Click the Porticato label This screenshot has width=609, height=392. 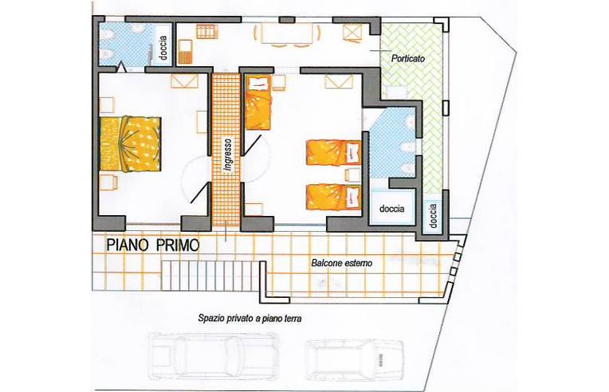(408, 59)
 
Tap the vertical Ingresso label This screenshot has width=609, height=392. (228, 155)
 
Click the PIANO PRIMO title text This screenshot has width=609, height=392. (153, 245)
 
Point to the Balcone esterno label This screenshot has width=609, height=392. (342, 263)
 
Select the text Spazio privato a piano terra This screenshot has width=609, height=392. (250, 319)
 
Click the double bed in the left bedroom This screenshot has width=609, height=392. (130, 143)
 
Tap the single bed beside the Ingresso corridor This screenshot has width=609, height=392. (257, 103)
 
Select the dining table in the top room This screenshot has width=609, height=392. (288, 33)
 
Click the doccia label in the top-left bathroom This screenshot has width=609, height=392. (163, 48)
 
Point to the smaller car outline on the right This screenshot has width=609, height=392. (354, 359)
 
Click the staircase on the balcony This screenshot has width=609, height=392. (210, 276)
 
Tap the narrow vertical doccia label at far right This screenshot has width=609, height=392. (434, 216)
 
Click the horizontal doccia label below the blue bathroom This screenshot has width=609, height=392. (392, 209)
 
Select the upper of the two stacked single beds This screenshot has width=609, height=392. (334, 153)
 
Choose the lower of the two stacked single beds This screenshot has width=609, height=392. (334, 197)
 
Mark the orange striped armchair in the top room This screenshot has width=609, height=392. (186, 51)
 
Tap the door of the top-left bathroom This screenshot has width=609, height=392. (122, 66)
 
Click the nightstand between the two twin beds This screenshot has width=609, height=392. (352, 175)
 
